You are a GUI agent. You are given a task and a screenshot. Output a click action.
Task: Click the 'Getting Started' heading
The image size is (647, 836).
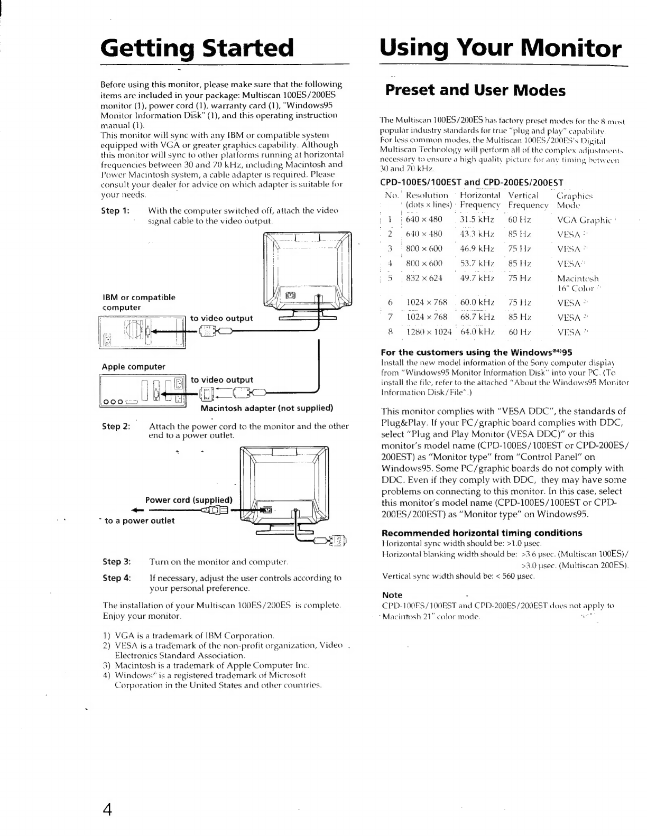197,48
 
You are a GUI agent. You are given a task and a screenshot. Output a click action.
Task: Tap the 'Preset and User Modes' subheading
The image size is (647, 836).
475,90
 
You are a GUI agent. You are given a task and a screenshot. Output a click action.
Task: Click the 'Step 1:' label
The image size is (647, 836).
115,211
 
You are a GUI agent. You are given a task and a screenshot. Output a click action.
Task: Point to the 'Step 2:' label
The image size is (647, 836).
116,426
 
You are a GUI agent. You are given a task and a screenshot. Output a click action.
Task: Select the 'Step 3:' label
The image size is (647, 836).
116,562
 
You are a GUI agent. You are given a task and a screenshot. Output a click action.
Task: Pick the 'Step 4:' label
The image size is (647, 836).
116,578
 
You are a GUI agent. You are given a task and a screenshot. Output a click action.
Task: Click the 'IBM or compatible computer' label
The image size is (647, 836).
138,302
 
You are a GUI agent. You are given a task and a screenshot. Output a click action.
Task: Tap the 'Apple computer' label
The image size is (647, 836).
133,367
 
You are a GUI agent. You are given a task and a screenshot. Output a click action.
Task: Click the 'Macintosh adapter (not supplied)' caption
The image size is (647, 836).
267,408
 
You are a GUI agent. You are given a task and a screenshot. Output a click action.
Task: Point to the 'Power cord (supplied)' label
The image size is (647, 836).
189,500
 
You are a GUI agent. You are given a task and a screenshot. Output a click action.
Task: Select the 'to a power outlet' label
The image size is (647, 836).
140,521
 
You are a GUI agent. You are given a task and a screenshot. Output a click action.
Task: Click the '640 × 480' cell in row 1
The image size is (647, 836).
424,220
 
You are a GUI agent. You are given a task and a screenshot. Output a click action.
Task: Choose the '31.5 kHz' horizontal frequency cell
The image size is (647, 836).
477,220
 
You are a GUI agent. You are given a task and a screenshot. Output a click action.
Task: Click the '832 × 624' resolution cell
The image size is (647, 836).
424,278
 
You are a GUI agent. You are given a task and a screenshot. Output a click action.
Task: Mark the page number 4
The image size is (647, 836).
107,809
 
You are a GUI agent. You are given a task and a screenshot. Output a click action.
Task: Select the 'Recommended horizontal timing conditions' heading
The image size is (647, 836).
482,533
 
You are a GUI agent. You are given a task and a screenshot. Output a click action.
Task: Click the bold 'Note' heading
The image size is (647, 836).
392,595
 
